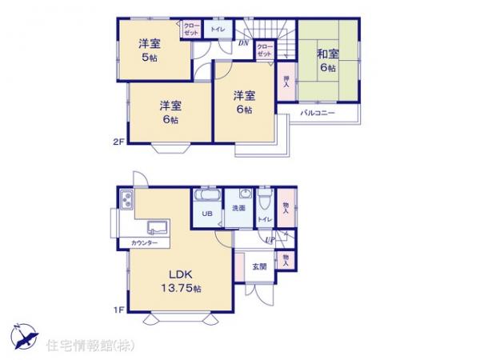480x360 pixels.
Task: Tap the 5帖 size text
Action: tap(150, 58)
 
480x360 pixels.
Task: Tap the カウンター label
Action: tap(144, 242)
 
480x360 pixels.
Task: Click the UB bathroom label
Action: tap(206, 214)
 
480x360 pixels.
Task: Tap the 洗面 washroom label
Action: tap(238, 208)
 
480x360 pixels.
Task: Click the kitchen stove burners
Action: tap(125, 199)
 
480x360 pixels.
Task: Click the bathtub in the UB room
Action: tap(207, 197)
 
